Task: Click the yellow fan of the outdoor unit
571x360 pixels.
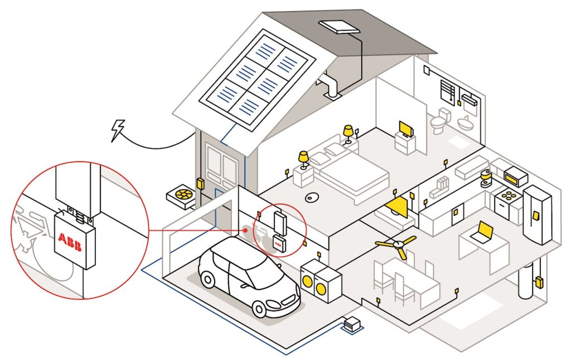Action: (x=181, y=194)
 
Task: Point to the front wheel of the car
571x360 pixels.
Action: (x=260, y=308)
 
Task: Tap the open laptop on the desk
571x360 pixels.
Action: (x=482, y=232)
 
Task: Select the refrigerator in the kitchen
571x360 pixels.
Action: (x=536, y=215)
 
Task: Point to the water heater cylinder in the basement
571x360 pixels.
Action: (x=525, y=281)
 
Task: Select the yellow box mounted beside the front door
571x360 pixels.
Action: (x=200, y=183)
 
